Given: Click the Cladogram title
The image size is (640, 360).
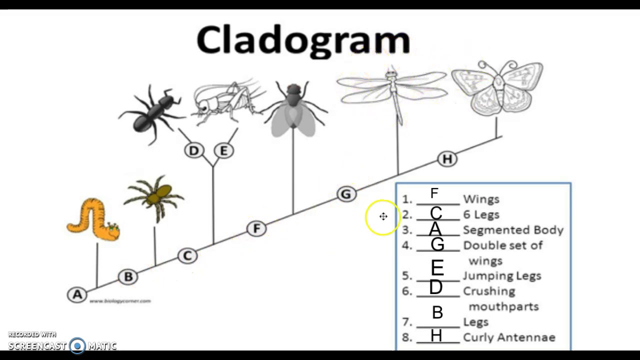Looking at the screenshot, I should pos(303,40).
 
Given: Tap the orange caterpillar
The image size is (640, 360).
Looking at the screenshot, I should pos(92,220).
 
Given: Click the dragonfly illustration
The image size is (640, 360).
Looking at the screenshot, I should pos(393,90).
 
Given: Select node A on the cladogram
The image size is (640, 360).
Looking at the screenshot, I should pos(77,294).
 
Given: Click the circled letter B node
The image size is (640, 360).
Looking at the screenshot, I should pos(128,276).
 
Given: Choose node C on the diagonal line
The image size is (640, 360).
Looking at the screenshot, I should pos(187,256).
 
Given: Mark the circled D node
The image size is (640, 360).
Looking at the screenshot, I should pos(194,150).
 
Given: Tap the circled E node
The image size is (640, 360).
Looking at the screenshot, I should pos(223,150).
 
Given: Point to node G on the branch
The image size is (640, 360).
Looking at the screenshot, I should pos(346,194).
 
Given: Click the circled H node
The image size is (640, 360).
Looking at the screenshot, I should pos(447,159).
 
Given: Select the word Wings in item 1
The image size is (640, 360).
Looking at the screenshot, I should pos(481,199).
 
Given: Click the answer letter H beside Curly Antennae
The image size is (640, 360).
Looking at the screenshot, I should pos(436,335).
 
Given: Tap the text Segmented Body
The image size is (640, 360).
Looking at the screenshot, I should pos(513,230).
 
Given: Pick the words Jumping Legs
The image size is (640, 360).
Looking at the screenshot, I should pos(502,275).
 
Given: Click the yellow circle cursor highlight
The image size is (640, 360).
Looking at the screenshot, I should pos(383,216).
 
